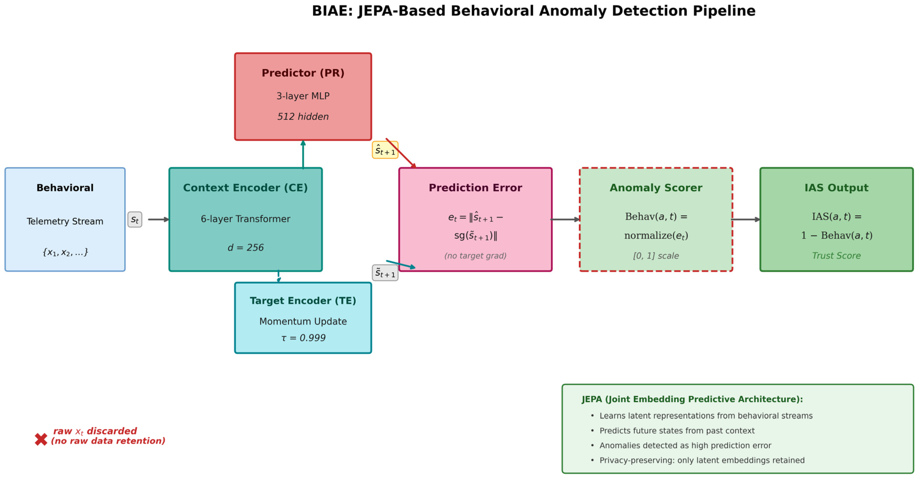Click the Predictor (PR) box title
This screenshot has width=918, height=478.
pyautogui.click(x=303, y=73)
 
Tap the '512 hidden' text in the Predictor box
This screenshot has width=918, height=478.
pyautogui.click(x=303, y=117)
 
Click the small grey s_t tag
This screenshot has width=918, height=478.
pyautogui.click(x=135, y=220)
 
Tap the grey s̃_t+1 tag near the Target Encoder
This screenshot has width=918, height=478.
pyautogui.click(x=385, y=273)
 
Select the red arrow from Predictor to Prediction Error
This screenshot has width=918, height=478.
pyautogui.click(x=401, y=153)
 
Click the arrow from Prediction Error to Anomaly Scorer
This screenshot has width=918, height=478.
pyautogui.click(x=565, y=220)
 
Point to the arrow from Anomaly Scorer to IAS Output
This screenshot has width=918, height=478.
pyautogui.click(x=745, y=220)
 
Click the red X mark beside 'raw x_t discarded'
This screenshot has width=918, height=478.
pyautogui.click(x=41, y=439)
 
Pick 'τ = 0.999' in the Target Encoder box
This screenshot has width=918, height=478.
pyautogui.click(x=303, y=338)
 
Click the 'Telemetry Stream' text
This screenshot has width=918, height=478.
pyautogui.click(x=65, y=221)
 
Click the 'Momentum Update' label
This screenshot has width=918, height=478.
pyautogui.click(x=303, y=321)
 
